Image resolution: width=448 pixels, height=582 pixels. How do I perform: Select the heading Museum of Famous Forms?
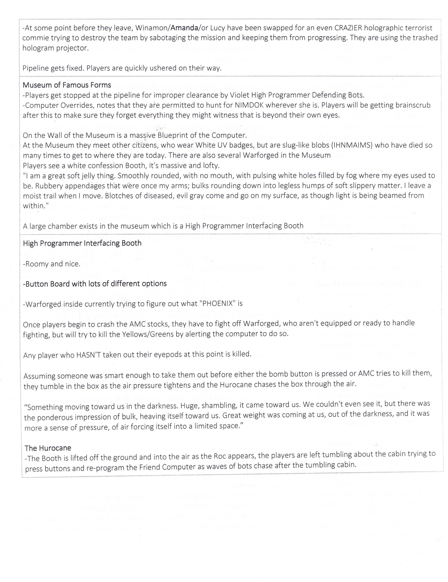(x=67, y=85)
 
